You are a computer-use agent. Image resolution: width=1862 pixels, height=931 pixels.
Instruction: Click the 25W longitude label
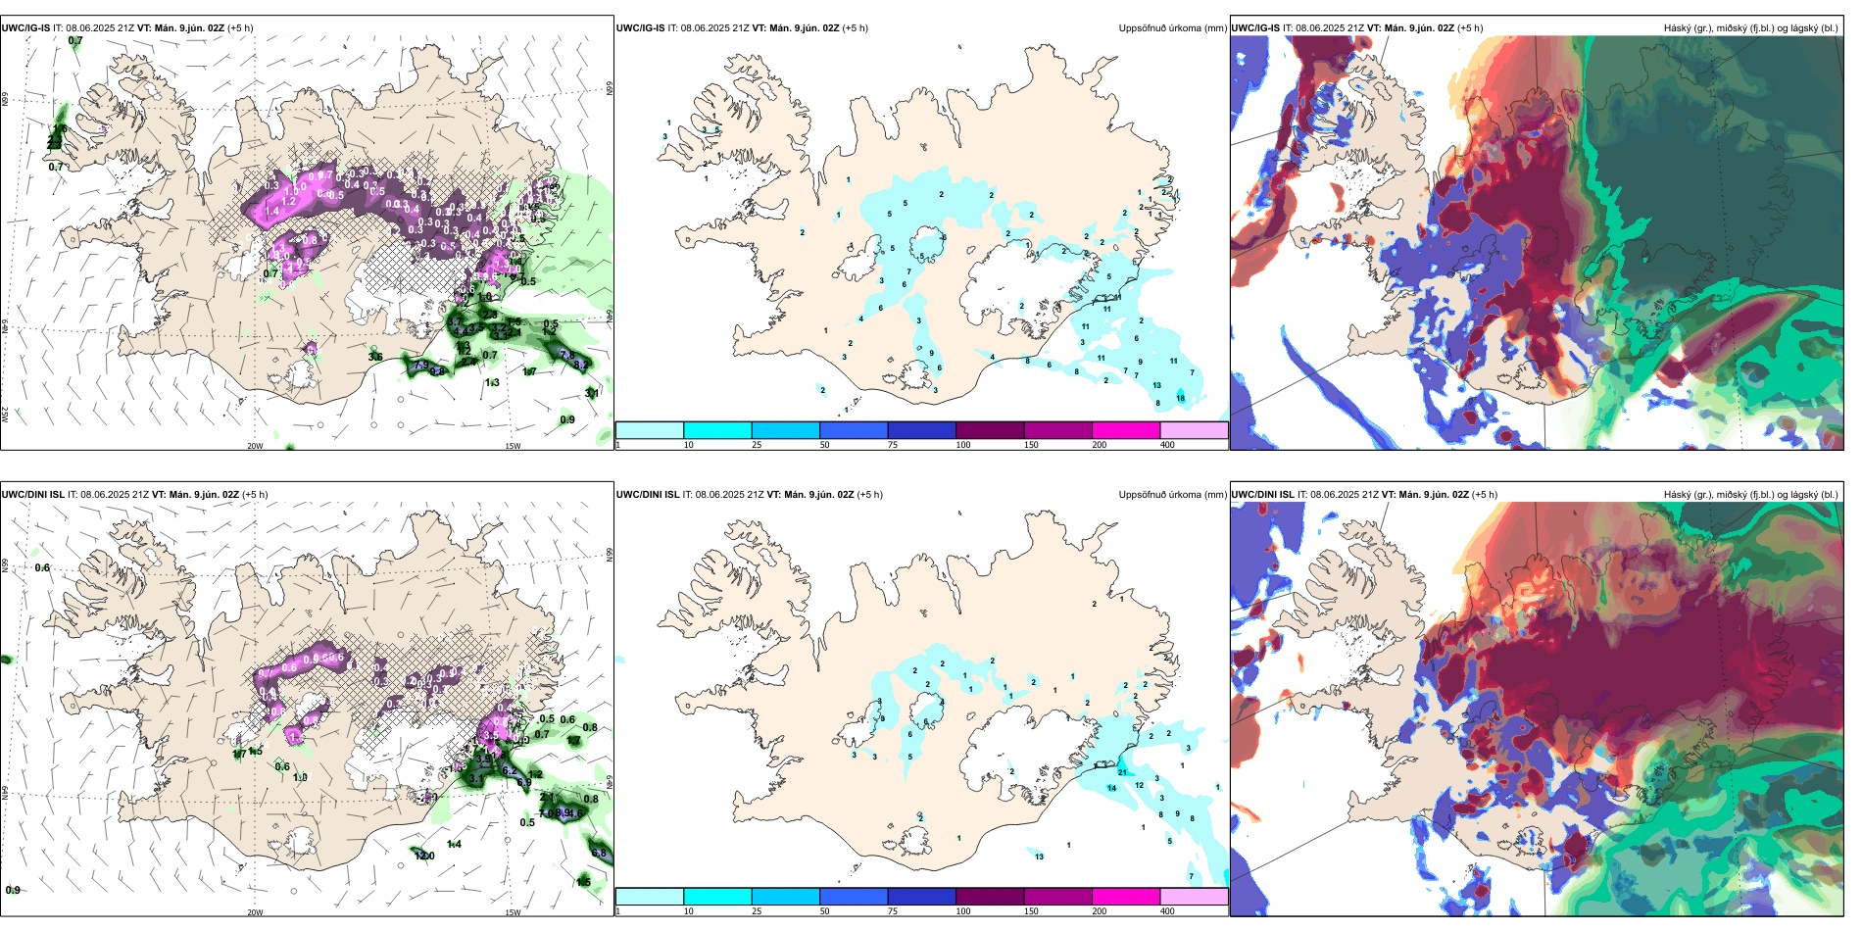click(x=5, y=414)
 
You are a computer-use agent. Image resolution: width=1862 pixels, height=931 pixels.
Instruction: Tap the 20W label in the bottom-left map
click(x=255, y=912)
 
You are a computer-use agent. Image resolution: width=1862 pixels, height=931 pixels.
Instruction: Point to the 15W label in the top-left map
click(x=513, y=446)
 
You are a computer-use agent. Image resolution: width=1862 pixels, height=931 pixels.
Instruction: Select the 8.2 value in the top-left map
click(x=580, y=365)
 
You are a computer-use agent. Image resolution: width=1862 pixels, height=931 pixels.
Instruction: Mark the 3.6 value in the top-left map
click(x=375, y=357)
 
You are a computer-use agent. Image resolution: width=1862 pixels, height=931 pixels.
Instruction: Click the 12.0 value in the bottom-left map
click(x=425, y=856)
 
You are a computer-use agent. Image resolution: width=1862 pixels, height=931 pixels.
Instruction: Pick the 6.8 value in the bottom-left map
click(x=600, y=854)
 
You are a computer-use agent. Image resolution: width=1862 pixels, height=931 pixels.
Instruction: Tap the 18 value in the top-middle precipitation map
click(x=1180, y=398)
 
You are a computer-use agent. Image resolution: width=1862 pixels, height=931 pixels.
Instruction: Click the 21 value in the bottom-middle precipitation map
click(x=1122, y=773)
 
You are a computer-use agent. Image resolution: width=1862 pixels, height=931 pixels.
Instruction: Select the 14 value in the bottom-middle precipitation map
click(x=1112, y=788)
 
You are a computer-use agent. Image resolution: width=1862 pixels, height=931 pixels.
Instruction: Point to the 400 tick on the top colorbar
click(x=1167, y=445)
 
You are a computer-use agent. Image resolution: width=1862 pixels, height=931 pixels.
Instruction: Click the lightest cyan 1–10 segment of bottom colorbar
click(x=649, y=897)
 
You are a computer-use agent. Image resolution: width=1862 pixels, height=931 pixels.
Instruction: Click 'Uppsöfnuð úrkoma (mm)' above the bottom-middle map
click(x=1172, y=495)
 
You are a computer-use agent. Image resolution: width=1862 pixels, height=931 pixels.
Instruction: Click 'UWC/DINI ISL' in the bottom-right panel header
click(x=1262, y=495)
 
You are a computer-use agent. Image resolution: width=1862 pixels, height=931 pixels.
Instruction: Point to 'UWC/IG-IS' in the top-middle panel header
click(x=640, y=28)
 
